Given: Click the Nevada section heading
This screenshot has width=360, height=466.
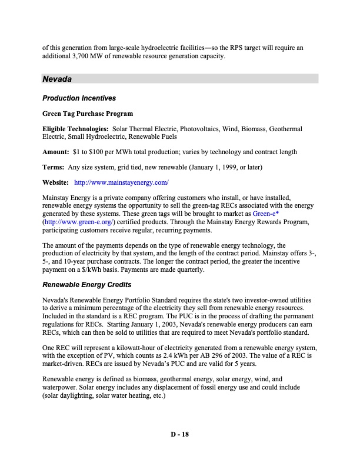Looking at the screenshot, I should tap(57, 78).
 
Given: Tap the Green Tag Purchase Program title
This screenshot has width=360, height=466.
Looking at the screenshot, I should tap(87, 114).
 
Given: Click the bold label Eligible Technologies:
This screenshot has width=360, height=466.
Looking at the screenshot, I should tap(75, 129).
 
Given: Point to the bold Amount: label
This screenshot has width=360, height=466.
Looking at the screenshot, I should tap(55, 152).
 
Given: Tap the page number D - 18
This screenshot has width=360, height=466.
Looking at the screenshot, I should tap(179, 435).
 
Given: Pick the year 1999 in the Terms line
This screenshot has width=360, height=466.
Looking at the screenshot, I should tap(234, 168).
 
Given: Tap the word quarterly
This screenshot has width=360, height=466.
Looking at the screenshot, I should tap(188, 270).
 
